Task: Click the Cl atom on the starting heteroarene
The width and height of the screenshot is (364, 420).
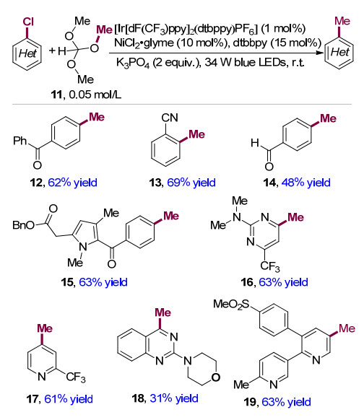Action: [x=27, y=22]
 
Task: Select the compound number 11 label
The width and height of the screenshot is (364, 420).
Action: [x=56, y=95]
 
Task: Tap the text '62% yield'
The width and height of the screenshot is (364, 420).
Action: [x=72, y=183]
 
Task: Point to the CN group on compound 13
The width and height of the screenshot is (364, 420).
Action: [x=170, y=118]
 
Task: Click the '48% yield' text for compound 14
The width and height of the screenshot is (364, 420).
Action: [x=305, y=183]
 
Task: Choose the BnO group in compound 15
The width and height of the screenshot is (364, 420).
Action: [x=23, y=224]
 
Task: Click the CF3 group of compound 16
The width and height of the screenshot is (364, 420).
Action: [x=269, y=266]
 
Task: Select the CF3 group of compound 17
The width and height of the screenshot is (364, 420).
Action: [x=76, y=377]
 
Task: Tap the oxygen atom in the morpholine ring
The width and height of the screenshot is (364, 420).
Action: [x=215, y=377]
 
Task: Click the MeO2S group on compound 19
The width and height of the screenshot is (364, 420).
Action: [x=231, y=305]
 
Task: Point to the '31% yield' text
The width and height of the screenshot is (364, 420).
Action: [x=174, y=398]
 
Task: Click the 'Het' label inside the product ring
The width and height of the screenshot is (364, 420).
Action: [x=339, y=52]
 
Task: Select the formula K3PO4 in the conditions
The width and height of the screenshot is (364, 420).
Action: [x=133, y=63]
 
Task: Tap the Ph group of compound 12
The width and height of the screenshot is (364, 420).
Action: [x=19, y=140]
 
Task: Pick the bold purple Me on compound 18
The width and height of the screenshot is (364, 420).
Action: [x=162, y=312]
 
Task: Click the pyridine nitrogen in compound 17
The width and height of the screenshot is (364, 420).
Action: [x=42, y=377]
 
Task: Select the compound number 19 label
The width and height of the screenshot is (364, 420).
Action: [x=251, y=402]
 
